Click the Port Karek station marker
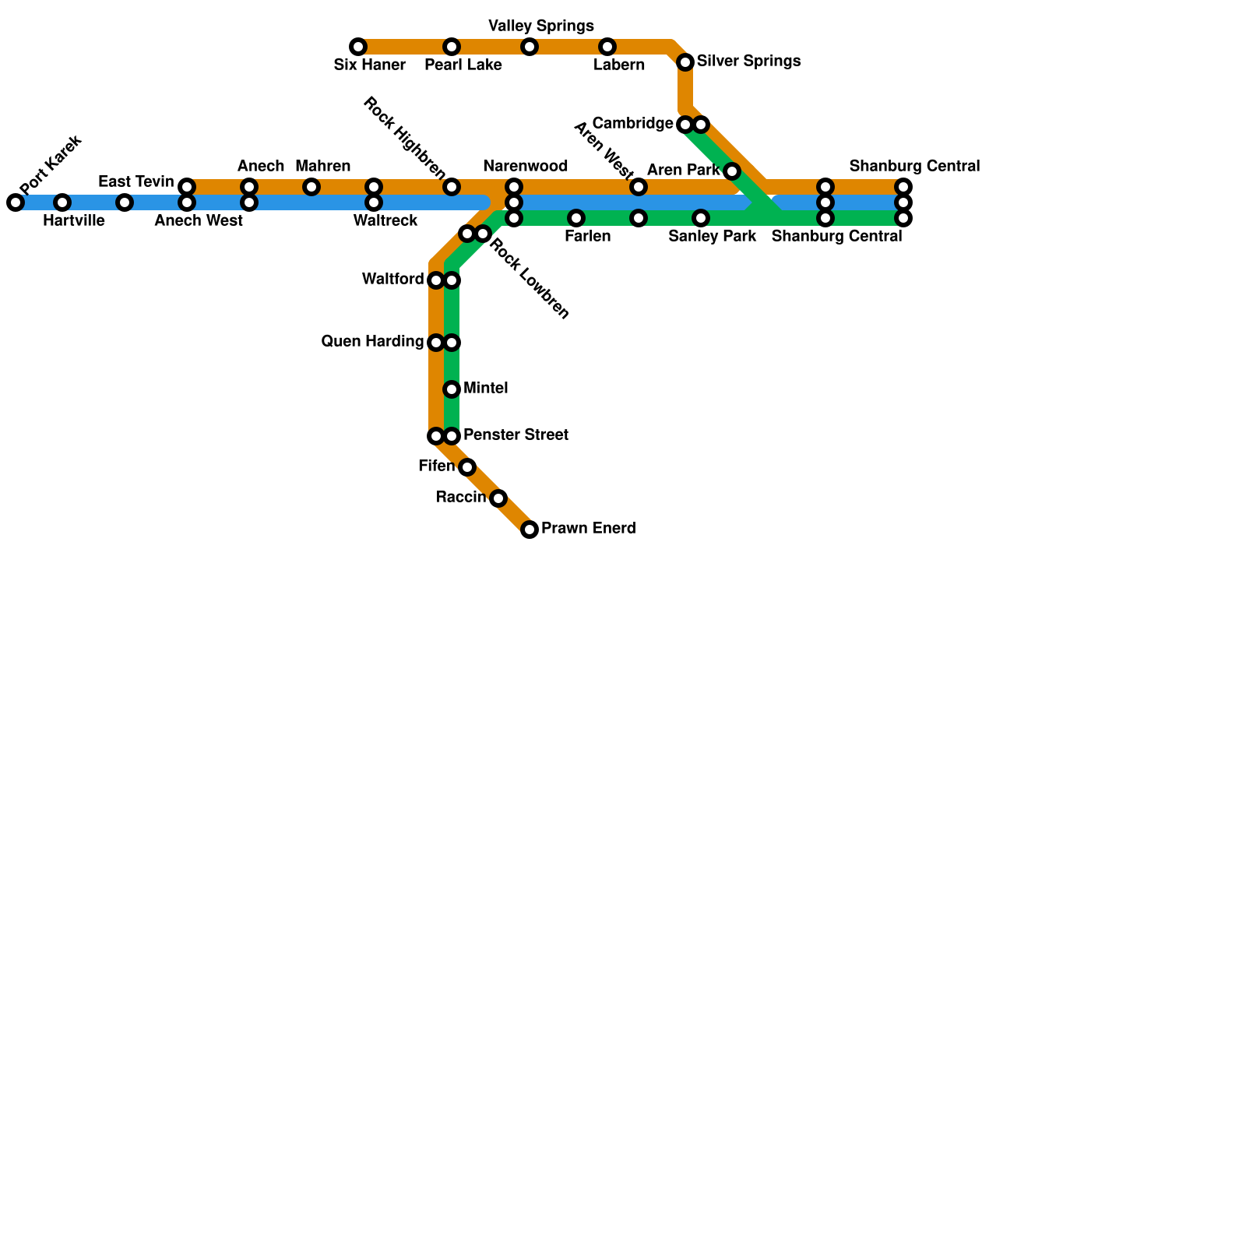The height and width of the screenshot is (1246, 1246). pyautogui.click(x=16, y=202)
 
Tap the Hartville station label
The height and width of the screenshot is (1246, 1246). pyautogui.click(x=73, y=221)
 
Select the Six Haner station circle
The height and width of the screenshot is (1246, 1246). pyautogui.click(x=358, y=47)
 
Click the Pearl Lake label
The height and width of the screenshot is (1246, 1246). pyautogui.click(x=463, y=65)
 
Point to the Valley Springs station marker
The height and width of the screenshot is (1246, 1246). pyautogui.click(x=530, y=47)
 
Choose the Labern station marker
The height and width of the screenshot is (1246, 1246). pyautogui.click(x=607, y=47)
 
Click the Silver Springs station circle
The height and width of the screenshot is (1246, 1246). pyautogui.click(x=685, y=62)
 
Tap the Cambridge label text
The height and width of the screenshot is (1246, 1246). pyautogui.click(x=632, y=124)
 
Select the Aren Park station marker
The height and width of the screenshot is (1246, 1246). pyautogui.click(x=732, y=171)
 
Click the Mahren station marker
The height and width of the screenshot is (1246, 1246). pyautogui.click(x=311, y=187)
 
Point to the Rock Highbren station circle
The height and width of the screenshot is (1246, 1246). pyautogui.click(x=452, y=187)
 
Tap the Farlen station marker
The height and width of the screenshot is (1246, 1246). pyautogui.click(x=576, y=218)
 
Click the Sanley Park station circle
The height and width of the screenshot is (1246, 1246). pyautogui.click(x=701, y=218)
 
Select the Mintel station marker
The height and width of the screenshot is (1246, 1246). pyautogui.click(x=452, y=389)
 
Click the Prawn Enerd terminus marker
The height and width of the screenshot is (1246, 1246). pyautogui.click(x=530, y=530)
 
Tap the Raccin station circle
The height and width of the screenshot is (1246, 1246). pyautogui.click(x=498, y=498)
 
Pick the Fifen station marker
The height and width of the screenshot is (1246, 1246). pyautogui.click(x=467, y=467)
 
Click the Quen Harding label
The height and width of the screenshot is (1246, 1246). pyautogui.click(x=372, y=342)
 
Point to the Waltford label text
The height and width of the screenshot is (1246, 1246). pyautogui.click(x=392, y=280)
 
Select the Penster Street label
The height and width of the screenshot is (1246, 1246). pyautogui.click(x=516, y=435)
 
